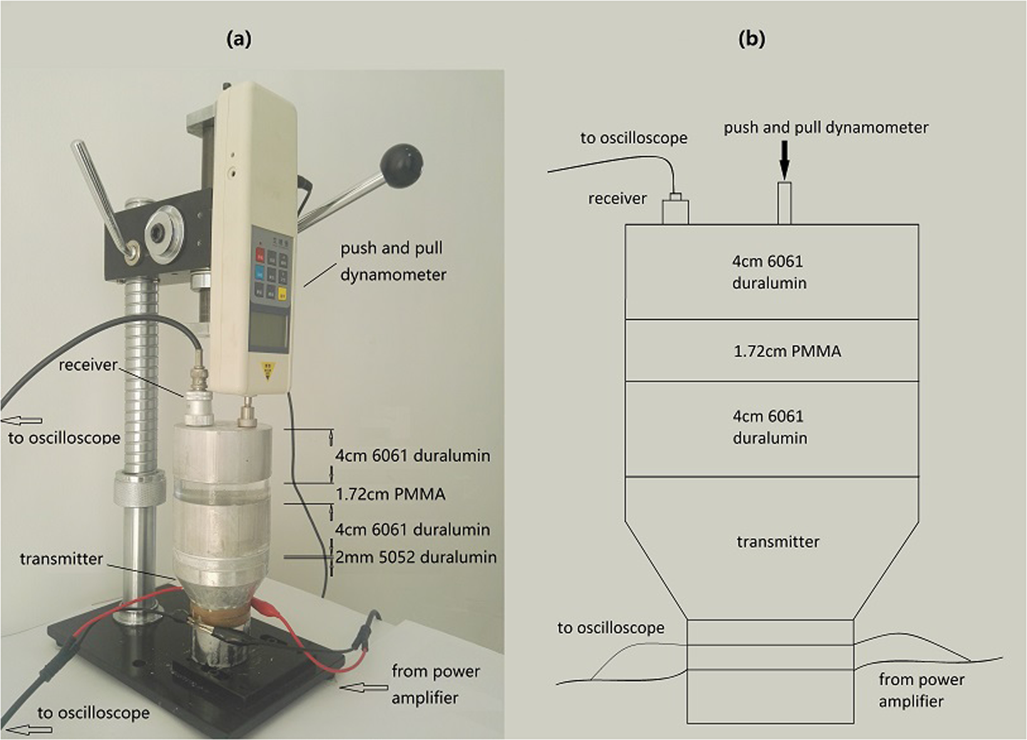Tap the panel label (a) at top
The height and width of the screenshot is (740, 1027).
coord(238,39)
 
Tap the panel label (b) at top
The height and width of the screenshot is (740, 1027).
coord(751,39)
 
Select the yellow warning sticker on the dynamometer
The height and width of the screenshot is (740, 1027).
coord(269,371)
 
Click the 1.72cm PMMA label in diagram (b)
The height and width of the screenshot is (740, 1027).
coord(787,352)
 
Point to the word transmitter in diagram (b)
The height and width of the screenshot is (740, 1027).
coord(777,542)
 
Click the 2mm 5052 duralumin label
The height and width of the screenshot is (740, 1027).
coord(416,557)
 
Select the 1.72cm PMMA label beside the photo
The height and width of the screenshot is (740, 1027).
coord(390,494)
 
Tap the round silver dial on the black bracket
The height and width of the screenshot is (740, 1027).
coord(164,233)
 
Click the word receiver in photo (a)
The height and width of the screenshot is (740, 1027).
coord(88,365)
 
